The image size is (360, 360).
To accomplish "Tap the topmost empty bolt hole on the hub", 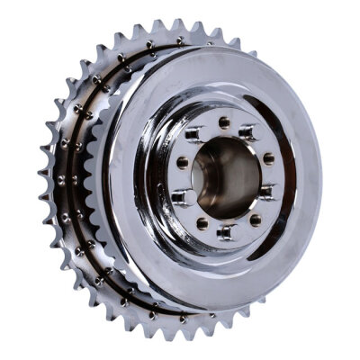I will coord(222,122).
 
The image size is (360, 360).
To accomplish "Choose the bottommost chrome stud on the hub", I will coord(227,233).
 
